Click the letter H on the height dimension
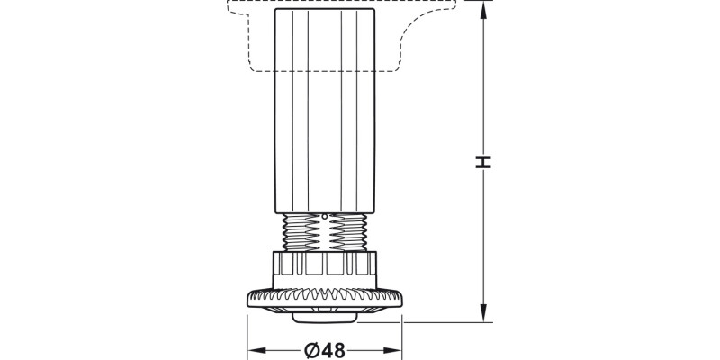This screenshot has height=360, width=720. point(484,162)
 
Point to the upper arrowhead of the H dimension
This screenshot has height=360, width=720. point(484,7)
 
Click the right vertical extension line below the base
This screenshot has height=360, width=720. point(400,333)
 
